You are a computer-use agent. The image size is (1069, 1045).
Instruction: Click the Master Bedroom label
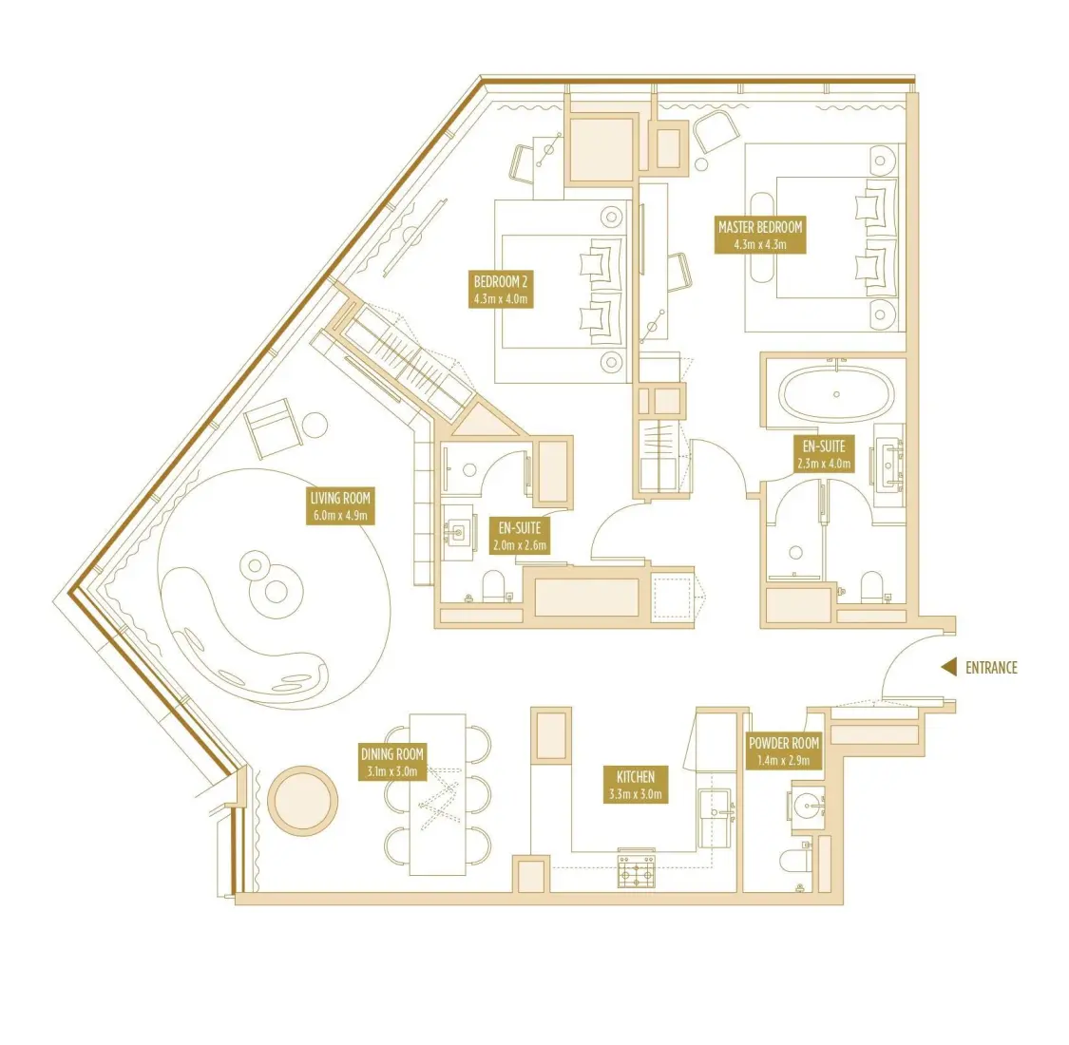(759, 236)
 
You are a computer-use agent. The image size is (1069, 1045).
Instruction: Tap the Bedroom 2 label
(500, 290)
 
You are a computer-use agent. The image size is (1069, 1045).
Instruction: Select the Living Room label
(339, 506)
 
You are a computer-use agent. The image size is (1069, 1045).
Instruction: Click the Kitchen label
(635, 785)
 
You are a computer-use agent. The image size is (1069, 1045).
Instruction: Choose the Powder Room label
(783, 751)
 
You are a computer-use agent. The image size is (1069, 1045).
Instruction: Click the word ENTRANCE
(990, 668)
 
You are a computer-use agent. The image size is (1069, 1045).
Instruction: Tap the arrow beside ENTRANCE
(947, 668)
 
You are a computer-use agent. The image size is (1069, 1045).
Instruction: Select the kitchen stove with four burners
(636, 869)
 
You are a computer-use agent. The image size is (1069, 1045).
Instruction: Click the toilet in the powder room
(793, 863)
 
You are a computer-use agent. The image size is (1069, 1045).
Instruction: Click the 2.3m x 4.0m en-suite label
(823, 454)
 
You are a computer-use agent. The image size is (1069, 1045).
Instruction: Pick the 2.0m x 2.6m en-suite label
(520, 537)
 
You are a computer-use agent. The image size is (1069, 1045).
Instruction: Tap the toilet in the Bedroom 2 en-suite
(494, 587)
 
